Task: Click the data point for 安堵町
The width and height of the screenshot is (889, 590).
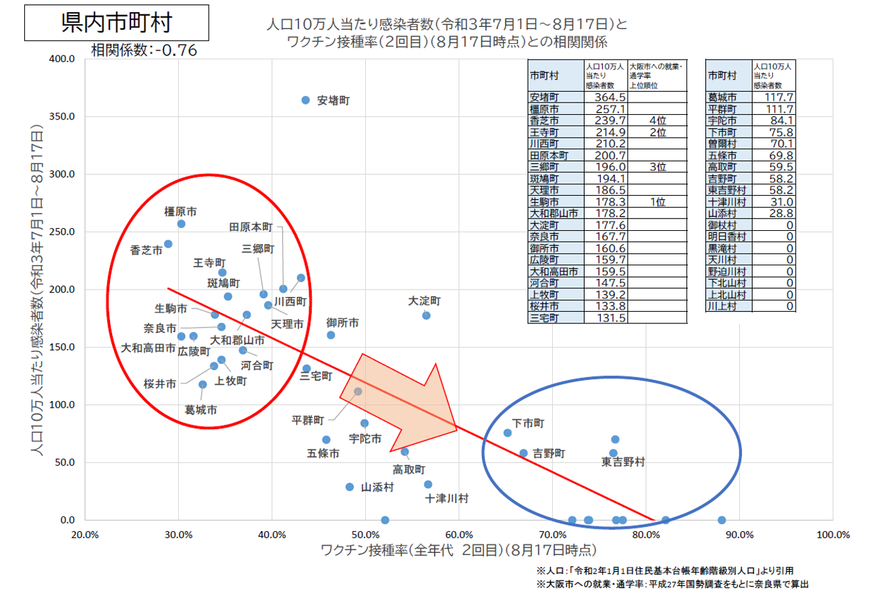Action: point(305,100)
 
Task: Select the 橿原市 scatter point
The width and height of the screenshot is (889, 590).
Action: point(181,223)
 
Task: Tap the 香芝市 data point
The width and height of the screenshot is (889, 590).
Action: point(168,244)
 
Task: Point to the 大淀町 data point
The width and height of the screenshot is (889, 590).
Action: point(426,315)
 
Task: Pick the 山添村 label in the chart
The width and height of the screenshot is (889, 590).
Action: point(377,487)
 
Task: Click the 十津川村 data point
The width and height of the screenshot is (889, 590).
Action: point(428,484)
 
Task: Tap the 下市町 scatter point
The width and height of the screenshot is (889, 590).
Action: point(508,433)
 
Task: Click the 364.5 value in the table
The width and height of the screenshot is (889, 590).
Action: point(605,98)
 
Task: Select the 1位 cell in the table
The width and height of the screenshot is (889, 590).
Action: point(657,201)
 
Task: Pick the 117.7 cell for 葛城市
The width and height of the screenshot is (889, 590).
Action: point(774,98)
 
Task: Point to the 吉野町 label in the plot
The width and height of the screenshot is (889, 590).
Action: point(549,453)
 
